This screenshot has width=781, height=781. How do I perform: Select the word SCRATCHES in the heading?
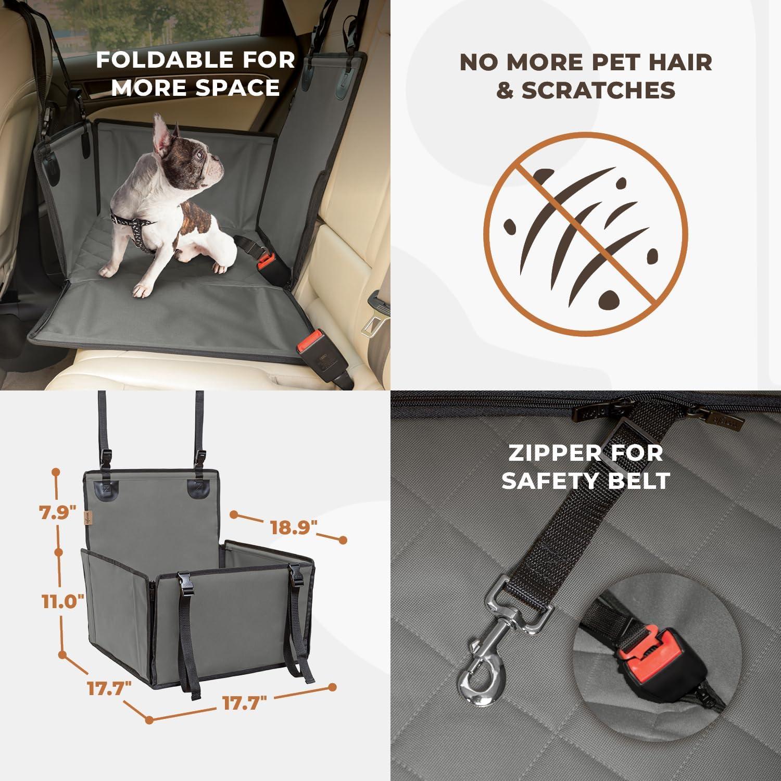coord(598,90)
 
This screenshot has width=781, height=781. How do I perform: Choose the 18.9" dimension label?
coord(294,527)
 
